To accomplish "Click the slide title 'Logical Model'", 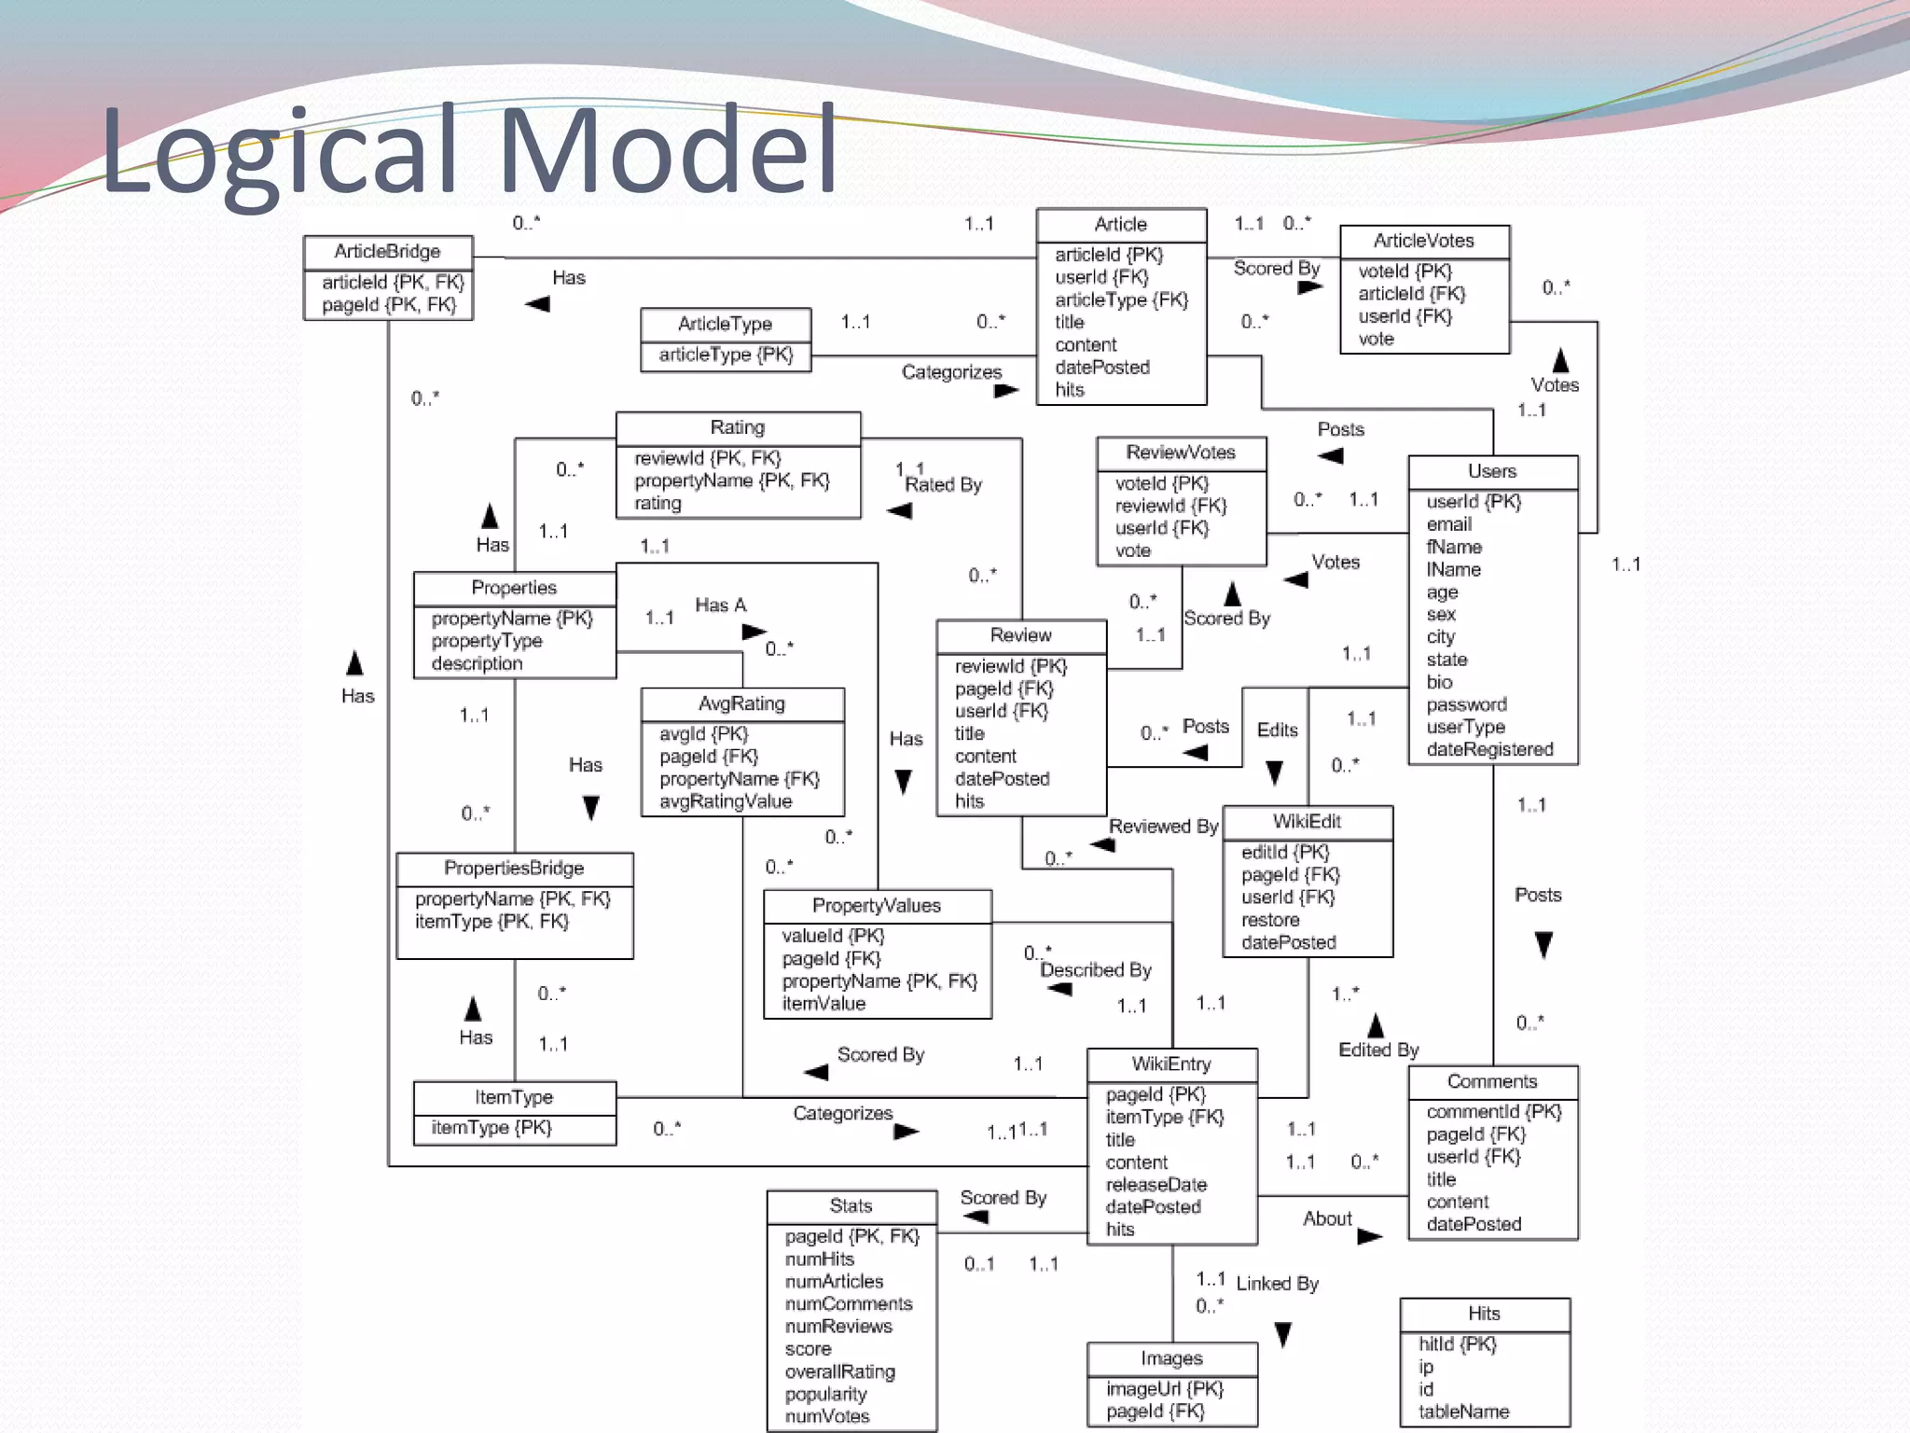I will point(468,151).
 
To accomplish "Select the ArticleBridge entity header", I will point(387,251).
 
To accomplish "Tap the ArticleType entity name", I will point(725,324).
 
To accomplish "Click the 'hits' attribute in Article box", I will point(1070,390).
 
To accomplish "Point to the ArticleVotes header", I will point(1423,241).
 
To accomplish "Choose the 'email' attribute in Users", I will point(1449,524).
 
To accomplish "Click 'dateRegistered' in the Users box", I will point(1489,749).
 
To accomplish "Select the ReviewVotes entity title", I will point(1181,452).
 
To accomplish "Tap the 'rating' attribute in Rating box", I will point(657,503).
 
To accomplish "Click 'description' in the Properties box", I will point(477,663).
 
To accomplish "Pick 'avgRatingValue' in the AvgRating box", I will point(726,801).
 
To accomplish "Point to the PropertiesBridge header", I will point(514,868).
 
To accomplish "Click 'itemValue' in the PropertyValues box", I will point(824,1004).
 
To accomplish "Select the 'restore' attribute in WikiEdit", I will point(1270,920).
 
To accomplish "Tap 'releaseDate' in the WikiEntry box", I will point(1156,1185).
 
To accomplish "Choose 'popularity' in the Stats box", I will point(825,1394).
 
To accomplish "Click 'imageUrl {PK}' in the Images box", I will point(1165,1389).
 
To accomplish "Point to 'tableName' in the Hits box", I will point(1463,1412).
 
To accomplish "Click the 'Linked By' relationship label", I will point(1277,1284).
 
